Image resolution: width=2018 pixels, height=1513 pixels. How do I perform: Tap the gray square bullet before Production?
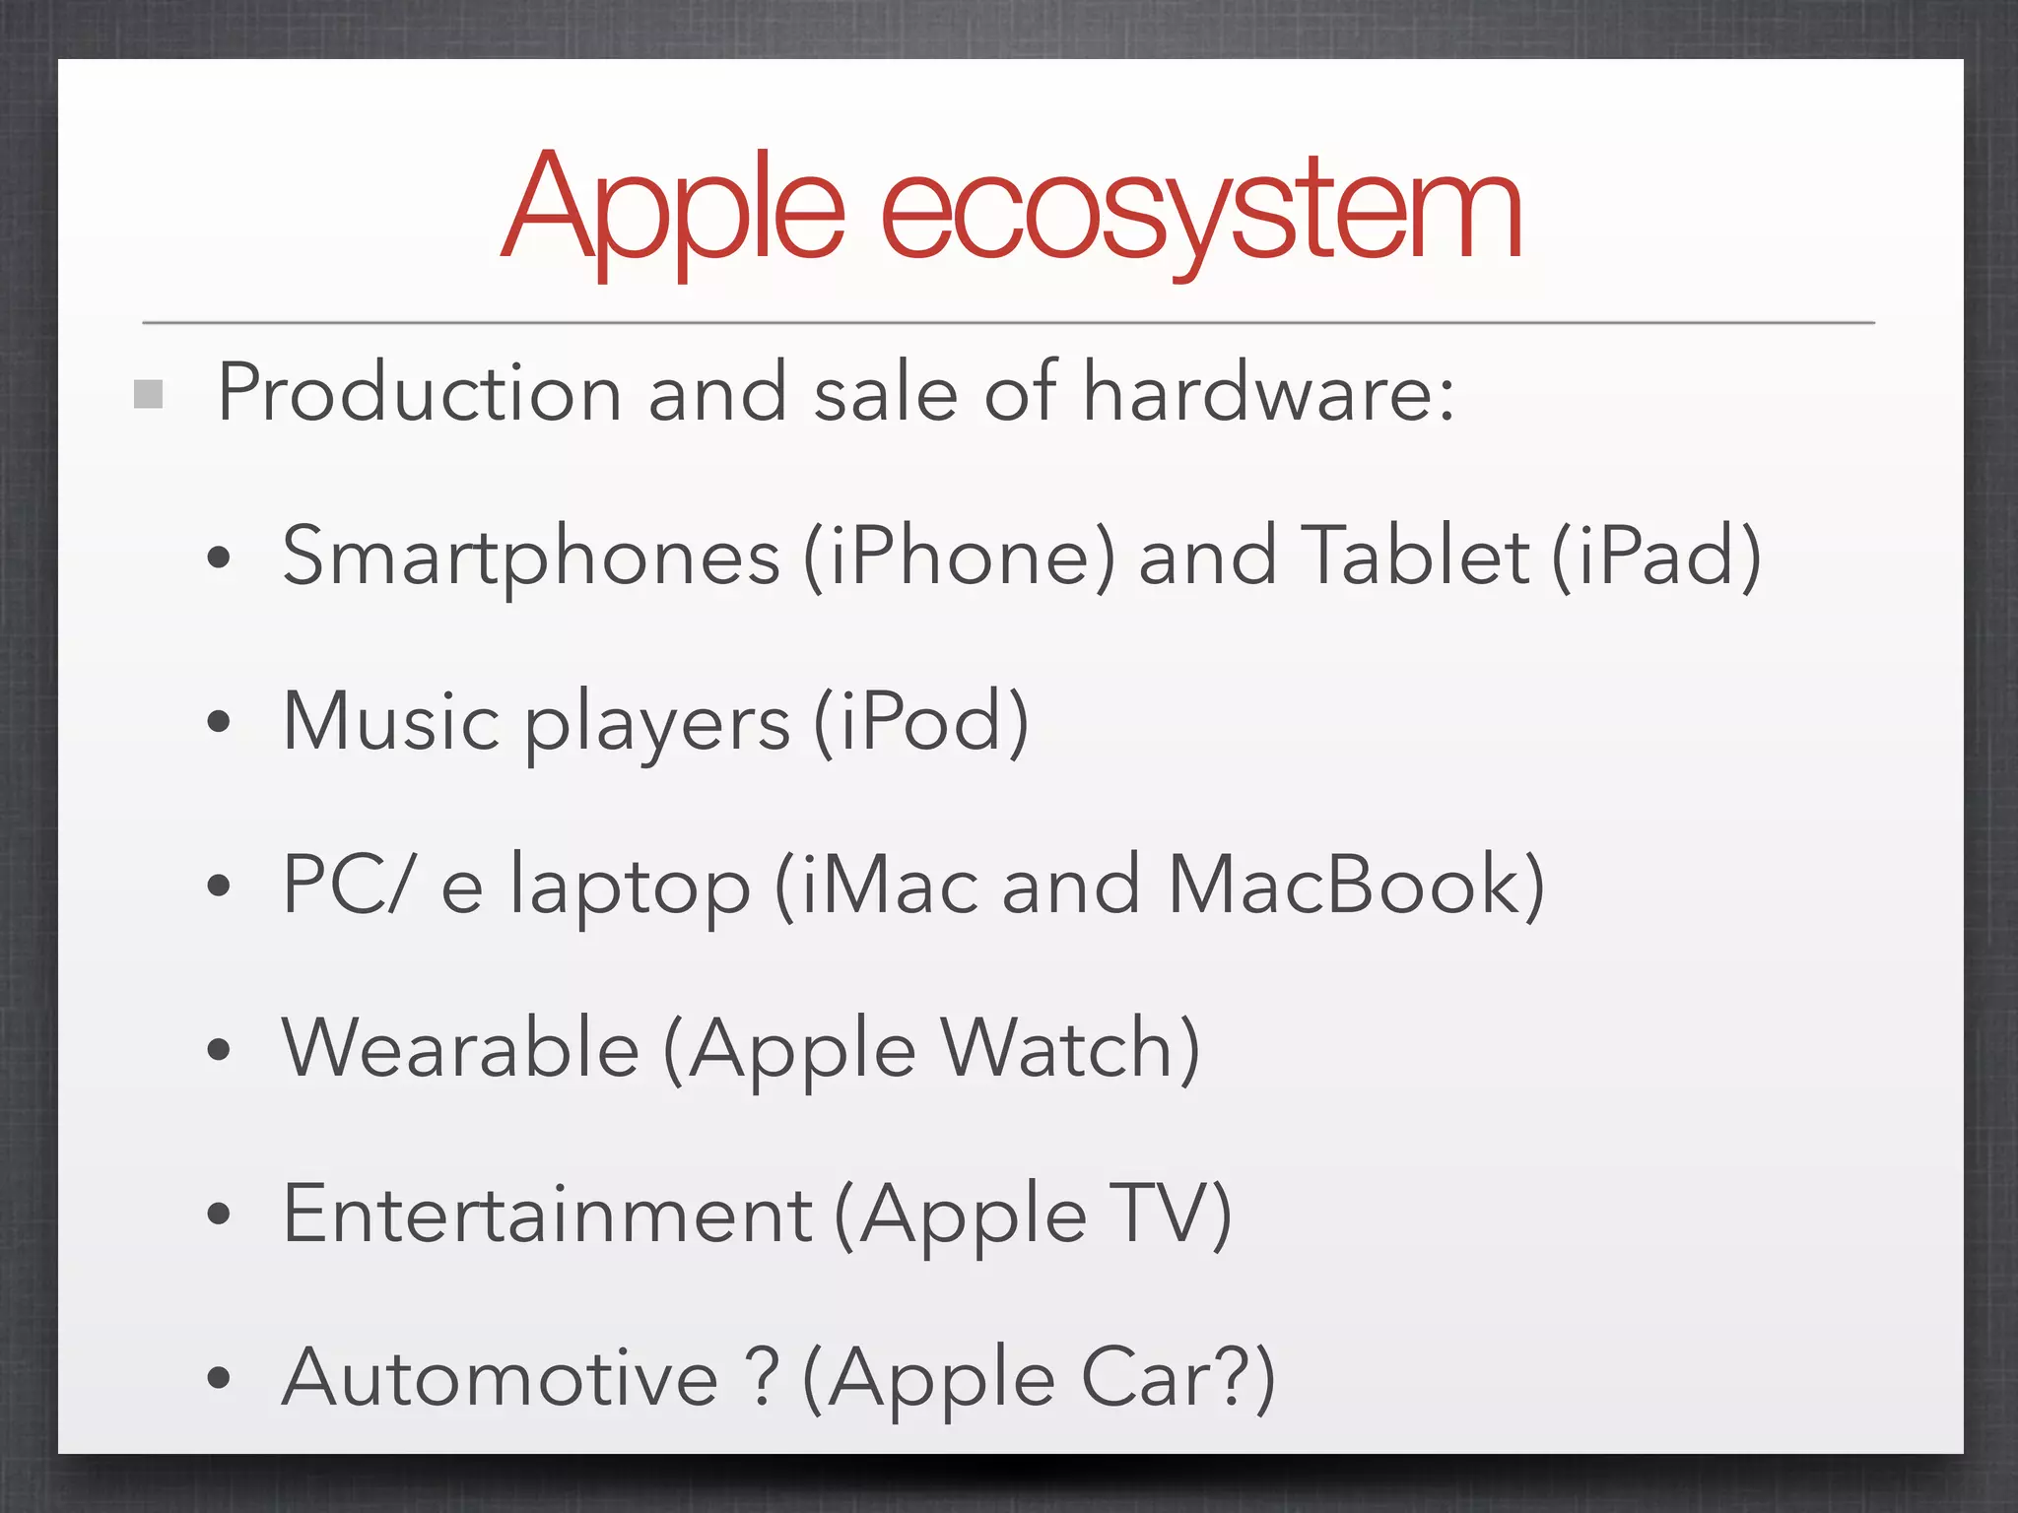[148, 394]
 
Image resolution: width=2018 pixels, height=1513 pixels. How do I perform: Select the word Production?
[419, 393]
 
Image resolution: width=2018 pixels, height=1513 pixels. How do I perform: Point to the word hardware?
[1268, 393]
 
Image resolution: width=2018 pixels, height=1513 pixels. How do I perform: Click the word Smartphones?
[531, 558]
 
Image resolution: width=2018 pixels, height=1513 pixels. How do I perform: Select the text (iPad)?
[1656, 558]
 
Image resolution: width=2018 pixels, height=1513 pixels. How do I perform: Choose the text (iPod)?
[921, 722]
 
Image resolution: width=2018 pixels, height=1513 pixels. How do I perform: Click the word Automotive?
[501, 1377]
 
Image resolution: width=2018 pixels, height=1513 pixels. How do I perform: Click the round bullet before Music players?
[219, 722]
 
